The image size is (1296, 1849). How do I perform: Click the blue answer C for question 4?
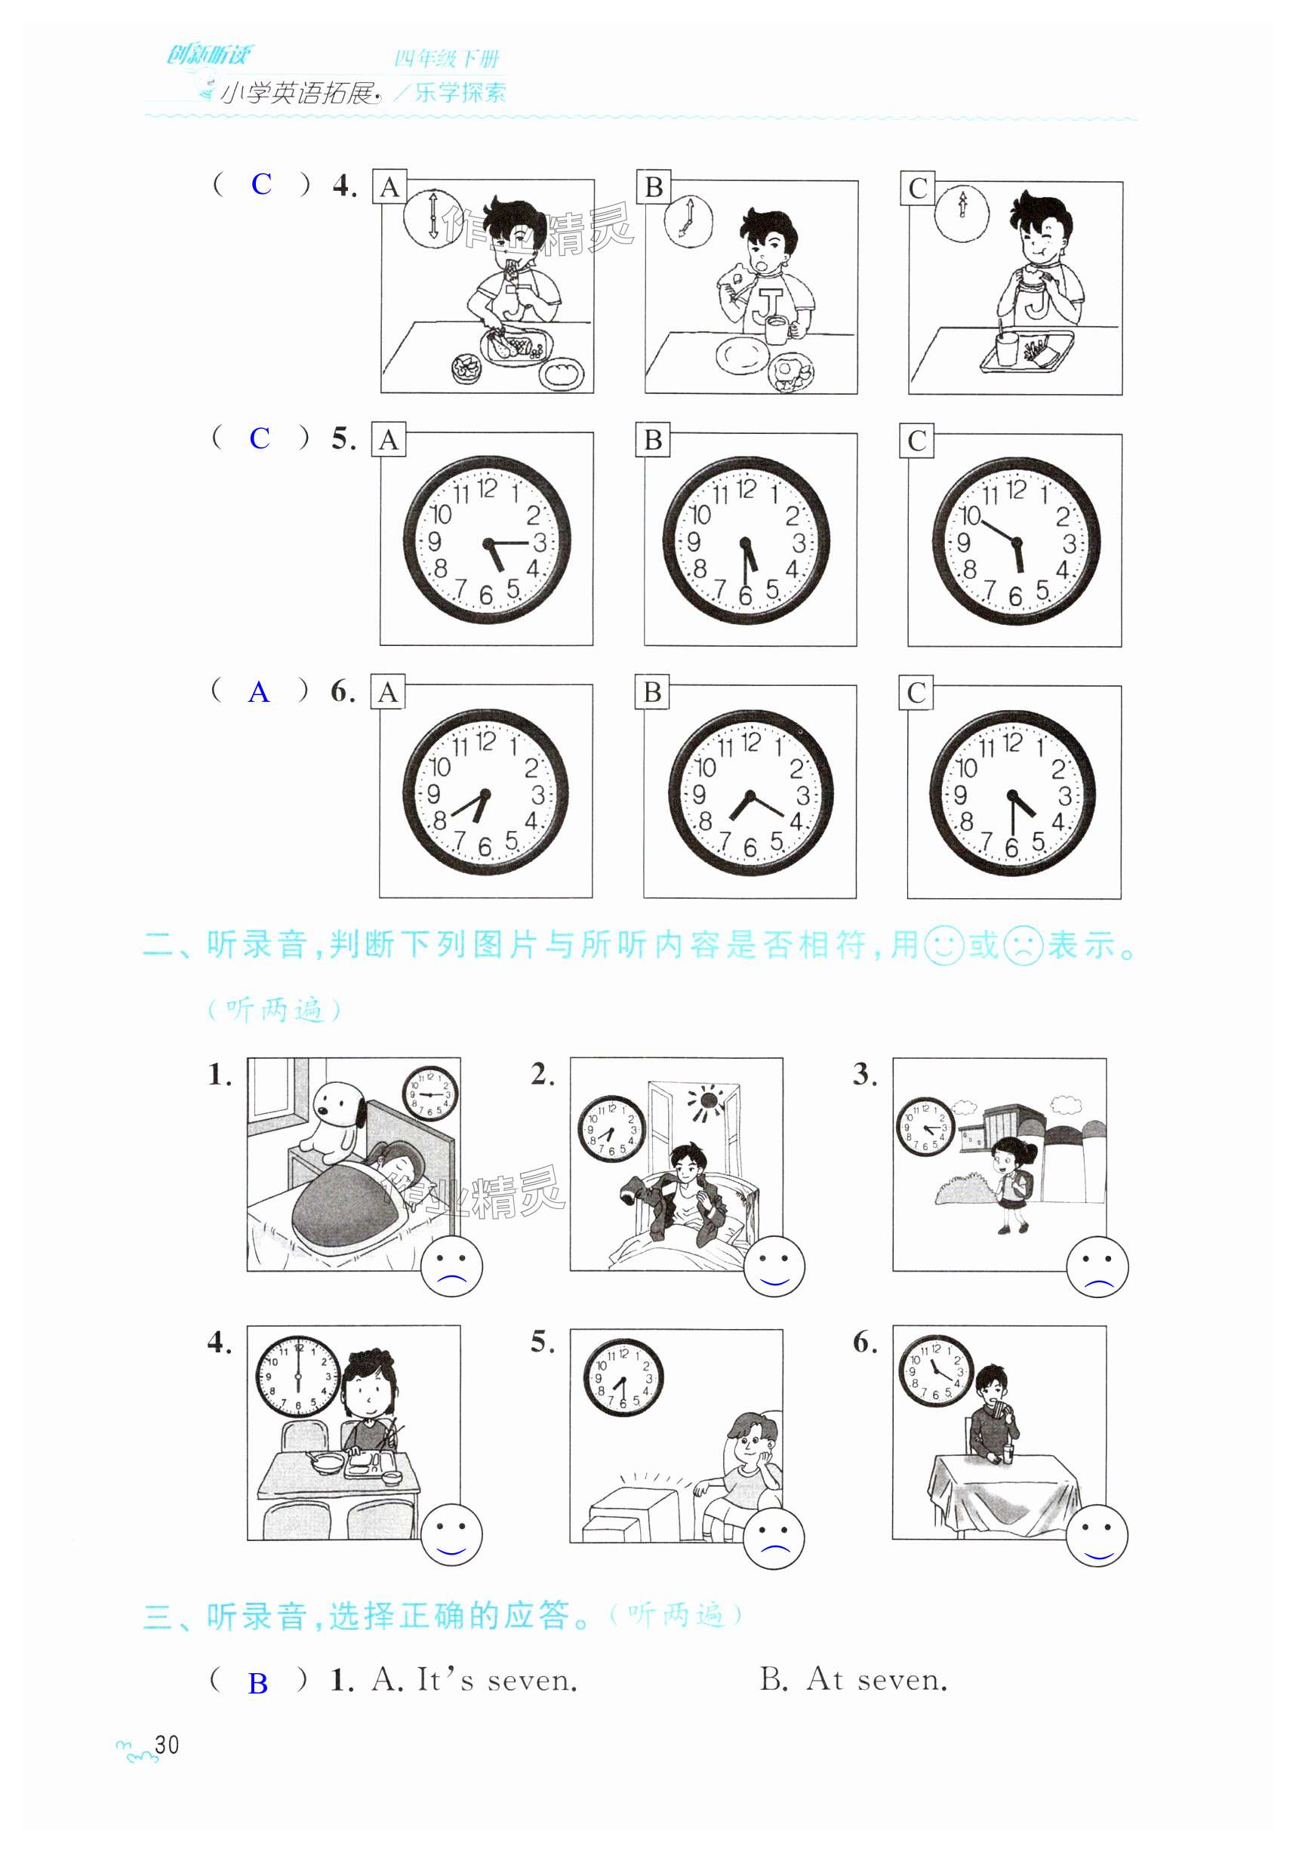pyautogui.click(x=261, y=184)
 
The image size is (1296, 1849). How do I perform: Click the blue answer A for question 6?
pyautogui.click(x=259, y=692)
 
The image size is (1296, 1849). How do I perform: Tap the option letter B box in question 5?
pyautogui.click(x=652, y=440)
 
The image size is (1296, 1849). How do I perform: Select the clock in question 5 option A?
pyautogui.click(x=487, y=540)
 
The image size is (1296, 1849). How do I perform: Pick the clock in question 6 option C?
pyautogui.click(x=1012, y=793)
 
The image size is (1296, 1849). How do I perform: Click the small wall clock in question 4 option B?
pyautogui.click(x=688, y=220)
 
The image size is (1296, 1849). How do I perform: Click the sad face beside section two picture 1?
pyautogui.click(x=452, y=1266)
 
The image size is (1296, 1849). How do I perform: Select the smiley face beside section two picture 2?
pyautogui.click(x=774, y=1266)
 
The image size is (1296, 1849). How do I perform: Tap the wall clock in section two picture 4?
pyautogui.click(x=297, y=1377)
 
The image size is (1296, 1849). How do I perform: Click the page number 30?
pyautogui.click(x=167, y=1744)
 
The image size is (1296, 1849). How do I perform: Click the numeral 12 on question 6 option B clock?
pyautogui.click(x=750, y=743)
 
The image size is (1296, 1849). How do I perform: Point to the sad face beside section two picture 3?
pyautogui.click(x=1097, y=1266)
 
